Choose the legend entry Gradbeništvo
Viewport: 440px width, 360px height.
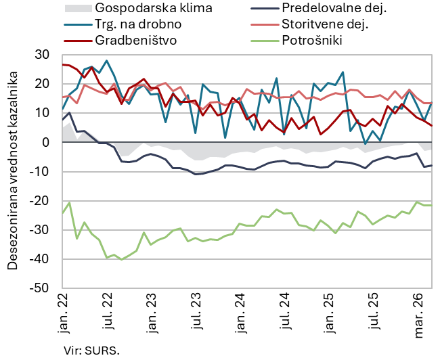[x=136, y=40]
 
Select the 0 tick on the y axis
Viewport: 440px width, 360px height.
[x=45, y=142]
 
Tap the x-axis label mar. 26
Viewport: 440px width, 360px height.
[x=420, y=315]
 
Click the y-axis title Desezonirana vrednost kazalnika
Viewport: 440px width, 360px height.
[x=13, y=171]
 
